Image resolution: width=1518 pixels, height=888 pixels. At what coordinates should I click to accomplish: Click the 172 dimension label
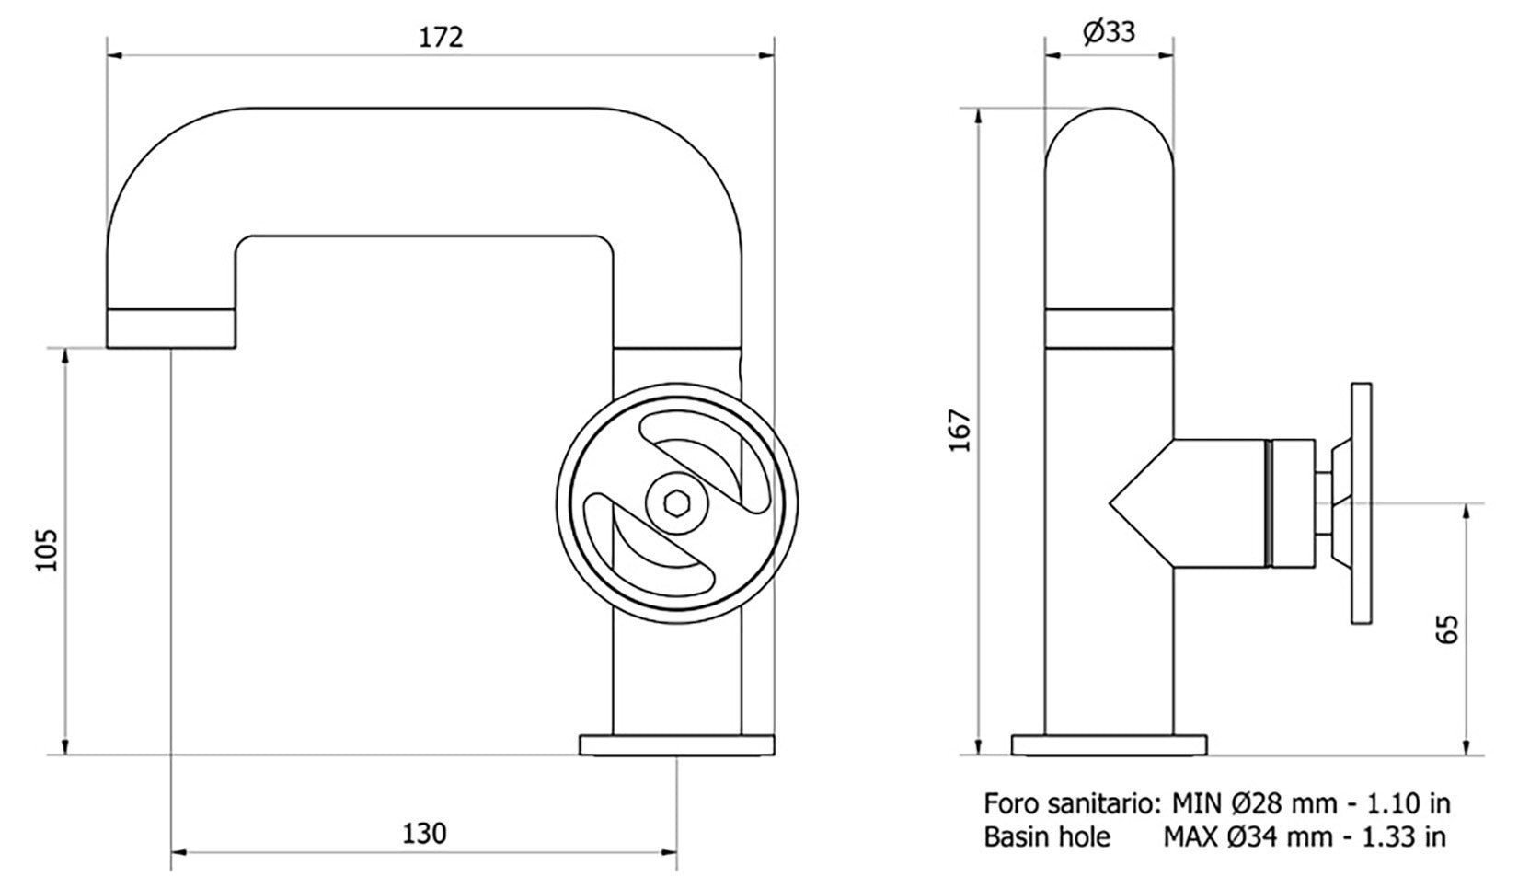pyautogui.click(x=441, y=38)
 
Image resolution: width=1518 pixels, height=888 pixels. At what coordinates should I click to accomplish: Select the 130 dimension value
pyautogui.click(x=424, y=833)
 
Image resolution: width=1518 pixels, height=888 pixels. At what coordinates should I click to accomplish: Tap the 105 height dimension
pyautogui.click(x=46, y=550)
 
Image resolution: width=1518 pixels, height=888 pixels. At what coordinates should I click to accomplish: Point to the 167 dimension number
pyautogui.click(x=960, y=430)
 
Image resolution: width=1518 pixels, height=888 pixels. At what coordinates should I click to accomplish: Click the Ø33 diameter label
pyautogui.click(x=1109, y=33)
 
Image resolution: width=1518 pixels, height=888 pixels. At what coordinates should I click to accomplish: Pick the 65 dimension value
pyautogui.click(x=1447, y=629)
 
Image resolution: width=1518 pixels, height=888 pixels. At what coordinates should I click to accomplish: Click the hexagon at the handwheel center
pyautogui.click(x=677, y=504)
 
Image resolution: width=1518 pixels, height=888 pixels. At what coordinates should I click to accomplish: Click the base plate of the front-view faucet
pyautogui.click(x=676, y=744)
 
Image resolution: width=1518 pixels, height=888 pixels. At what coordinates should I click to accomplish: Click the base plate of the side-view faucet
pyautogui.click(x=1109, y=744)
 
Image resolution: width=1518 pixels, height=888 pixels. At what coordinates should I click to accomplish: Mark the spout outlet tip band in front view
pyautogui.click(x=172, y=329)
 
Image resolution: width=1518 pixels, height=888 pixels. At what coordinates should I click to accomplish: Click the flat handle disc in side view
pyautogui.click(x=1362, y=504)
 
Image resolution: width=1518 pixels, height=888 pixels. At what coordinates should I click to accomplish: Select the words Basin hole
pyautogui.click(x=1046, y=836)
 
